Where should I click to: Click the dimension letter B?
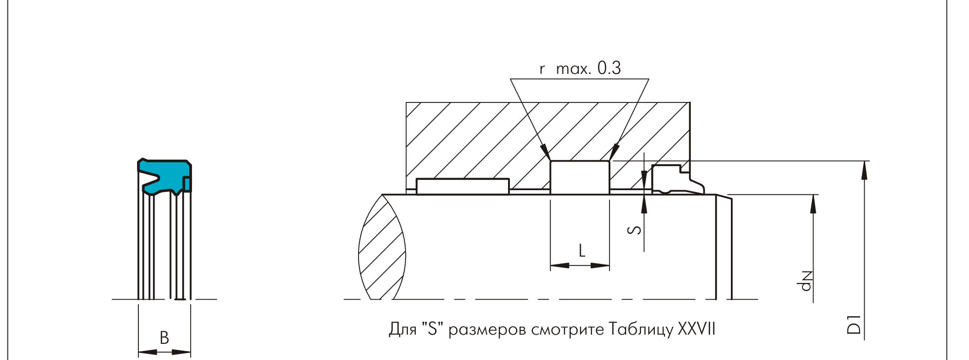coord(164,338)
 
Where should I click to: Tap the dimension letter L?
coord(582,251)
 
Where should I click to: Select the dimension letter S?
coord(635,229)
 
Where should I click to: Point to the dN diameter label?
coord(806,281)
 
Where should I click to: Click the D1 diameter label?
coord(854,324)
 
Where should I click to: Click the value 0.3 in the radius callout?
coord(609,68)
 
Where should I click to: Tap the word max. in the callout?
coord(574,69)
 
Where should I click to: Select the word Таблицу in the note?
coord(641,329)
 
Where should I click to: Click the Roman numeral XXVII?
coord(697,329)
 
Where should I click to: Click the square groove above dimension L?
coord(580,178)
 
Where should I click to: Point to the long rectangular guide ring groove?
coord(463,186)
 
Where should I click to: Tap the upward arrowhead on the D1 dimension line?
coord(864,170)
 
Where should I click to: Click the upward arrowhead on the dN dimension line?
coord(813,204)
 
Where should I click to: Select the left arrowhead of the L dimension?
coord(560,265)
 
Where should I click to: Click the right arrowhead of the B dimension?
coord(181,352)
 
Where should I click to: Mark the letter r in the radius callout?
coord(542,70)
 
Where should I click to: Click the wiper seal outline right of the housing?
coord(678,180)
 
